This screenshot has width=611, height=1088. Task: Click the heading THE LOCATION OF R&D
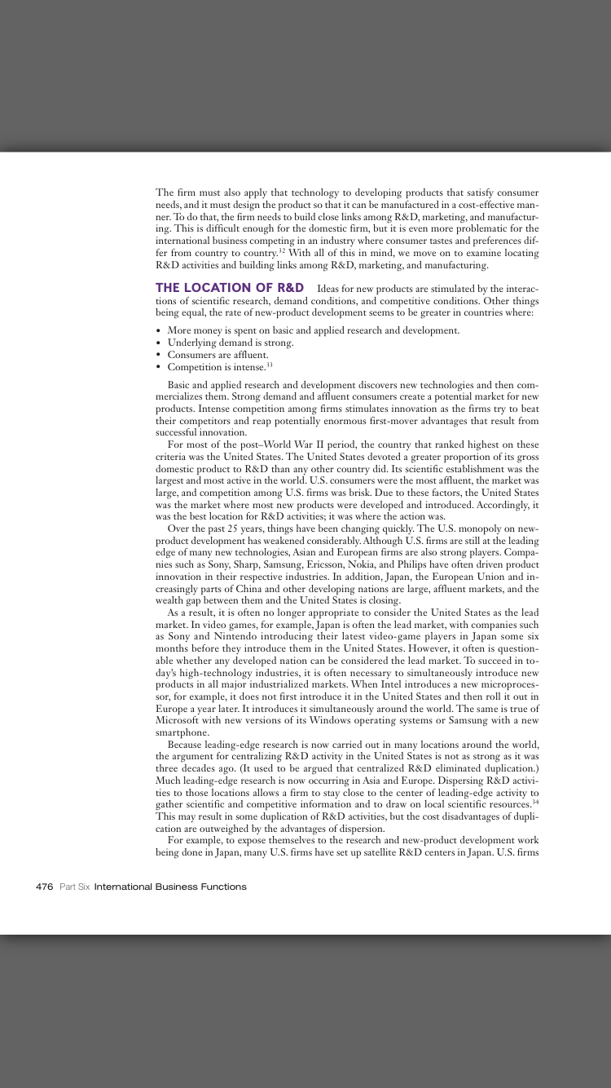click(230, 288)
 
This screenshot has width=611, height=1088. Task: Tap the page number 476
click(45, 887)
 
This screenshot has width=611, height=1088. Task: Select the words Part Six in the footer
click(74, 887)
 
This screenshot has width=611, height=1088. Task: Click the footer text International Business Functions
click(170, 887)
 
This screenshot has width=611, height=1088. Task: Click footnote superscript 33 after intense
click(269, 365)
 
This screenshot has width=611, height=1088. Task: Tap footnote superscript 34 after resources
click(535, 802)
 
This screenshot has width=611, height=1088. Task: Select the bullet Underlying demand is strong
click(231, 343)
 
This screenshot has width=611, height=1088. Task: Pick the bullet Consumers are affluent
click(218, 355)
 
